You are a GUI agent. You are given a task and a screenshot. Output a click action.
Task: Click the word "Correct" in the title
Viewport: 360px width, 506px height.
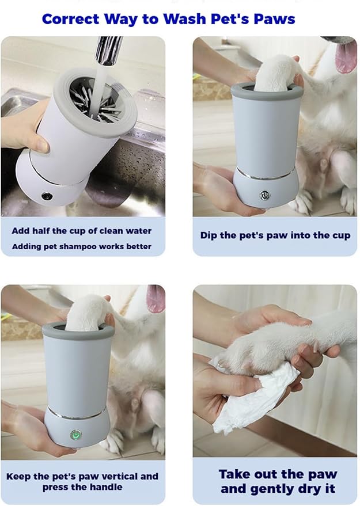pos(70,19)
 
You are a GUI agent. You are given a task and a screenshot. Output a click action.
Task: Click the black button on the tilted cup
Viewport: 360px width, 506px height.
pos(47,196)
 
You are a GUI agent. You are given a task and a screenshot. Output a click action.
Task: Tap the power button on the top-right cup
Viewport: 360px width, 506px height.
pos(264,195)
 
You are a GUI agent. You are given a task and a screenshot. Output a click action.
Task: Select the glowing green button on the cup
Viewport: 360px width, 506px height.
pos(74,435)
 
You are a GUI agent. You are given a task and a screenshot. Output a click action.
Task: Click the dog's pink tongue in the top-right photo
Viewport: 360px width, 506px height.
pos(347,58)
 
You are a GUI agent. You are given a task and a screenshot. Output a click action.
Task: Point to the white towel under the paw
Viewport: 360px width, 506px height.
pos(253,397)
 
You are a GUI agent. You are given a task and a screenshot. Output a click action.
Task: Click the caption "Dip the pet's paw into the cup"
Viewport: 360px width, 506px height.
pos(275,235)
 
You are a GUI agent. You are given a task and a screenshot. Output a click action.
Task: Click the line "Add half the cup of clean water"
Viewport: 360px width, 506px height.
pos(81,231)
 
